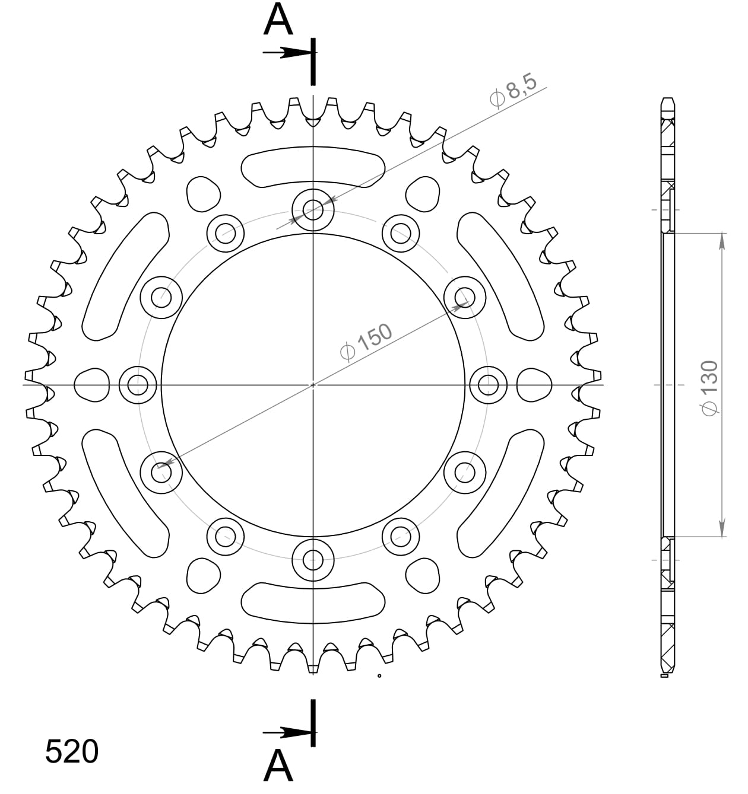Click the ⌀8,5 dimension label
click(514, 90)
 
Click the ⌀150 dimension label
click(366, 342)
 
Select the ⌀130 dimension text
click(709, 387)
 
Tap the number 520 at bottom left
click(72, 752)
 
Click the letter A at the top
click(278, 20)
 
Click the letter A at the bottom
click(278, 766)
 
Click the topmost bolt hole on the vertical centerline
click(313, 209)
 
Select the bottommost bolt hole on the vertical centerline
click(313, 559)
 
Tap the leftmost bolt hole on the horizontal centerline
click(138, 385)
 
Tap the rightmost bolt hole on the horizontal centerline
click(488, 385)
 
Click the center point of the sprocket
click(313, 385)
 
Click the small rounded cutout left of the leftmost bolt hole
click(92, 385)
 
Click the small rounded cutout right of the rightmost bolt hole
click(534, 385)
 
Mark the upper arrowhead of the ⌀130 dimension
click(722, 240)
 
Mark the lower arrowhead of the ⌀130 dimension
click(722, 530)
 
